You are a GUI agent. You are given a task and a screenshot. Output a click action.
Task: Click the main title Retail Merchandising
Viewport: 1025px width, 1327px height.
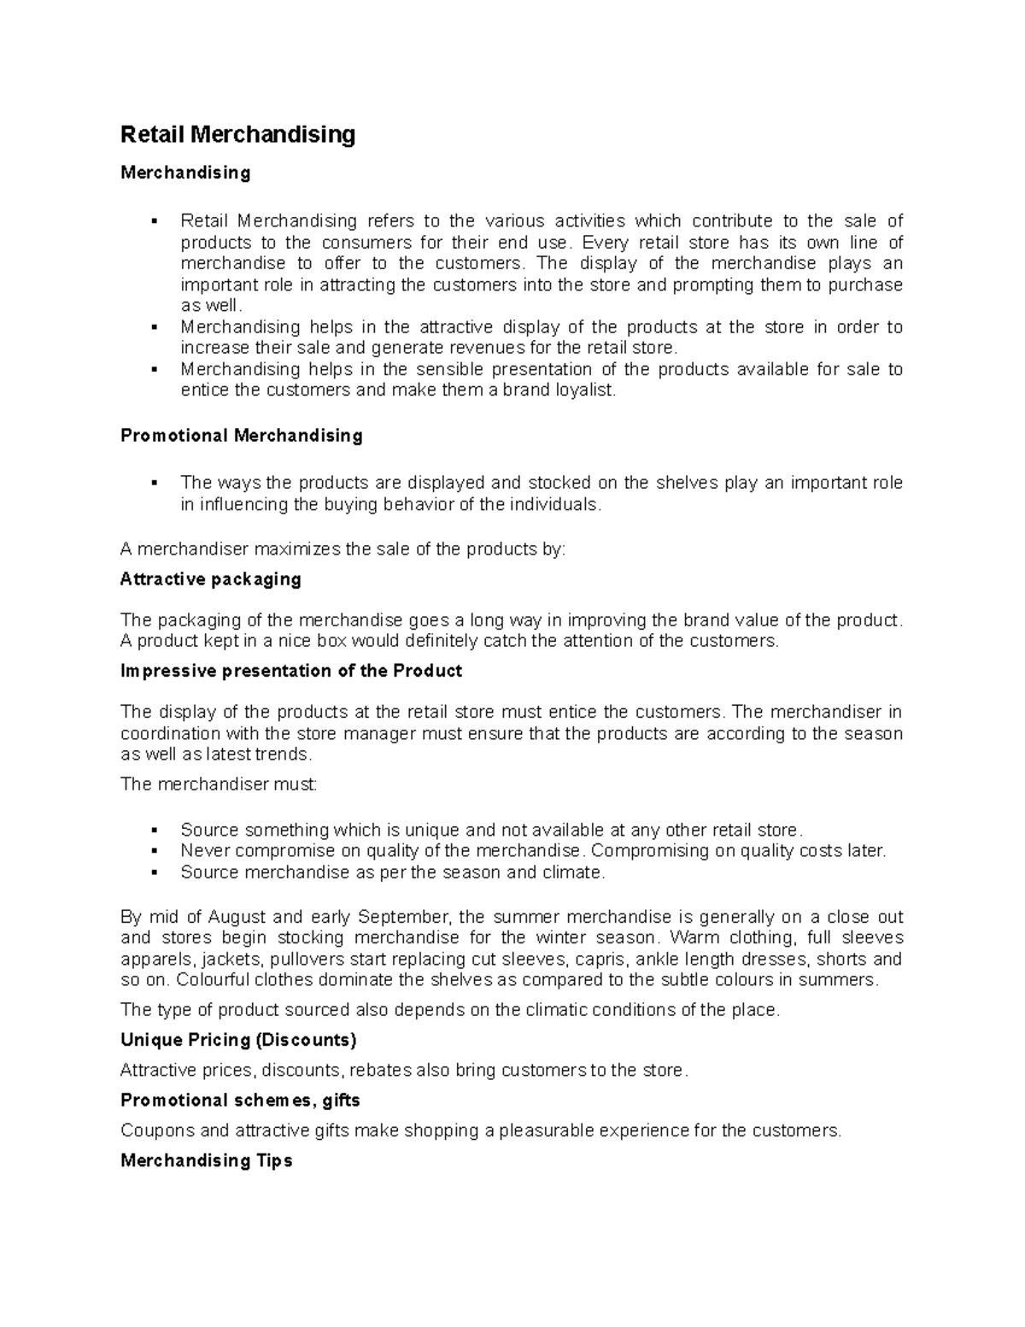coord(237,135)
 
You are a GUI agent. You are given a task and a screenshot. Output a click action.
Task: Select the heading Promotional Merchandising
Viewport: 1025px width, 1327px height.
coord(242,436)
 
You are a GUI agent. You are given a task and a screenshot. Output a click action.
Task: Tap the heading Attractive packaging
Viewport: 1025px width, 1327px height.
coord(211,579)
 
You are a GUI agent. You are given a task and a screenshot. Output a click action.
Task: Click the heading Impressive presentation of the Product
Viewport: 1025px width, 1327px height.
coord(291,671)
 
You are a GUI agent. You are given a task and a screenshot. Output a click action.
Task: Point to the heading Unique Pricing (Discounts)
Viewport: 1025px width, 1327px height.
coord(238,1040)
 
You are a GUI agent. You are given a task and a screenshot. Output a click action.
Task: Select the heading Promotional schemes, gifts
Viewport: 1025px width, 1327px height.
coord(240,1101)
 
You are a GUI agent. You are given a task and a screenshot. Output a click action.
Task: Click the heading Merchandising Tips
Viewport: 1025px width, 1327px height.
coord(207,1160)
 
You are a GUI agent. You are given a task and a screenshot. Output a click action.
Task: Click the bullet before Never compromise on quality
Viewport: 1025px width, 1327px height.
coord(155,851)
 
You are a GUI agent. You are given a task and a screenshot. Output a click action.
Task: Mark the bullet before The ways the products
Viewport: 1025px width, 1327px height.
coord(155,484)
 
